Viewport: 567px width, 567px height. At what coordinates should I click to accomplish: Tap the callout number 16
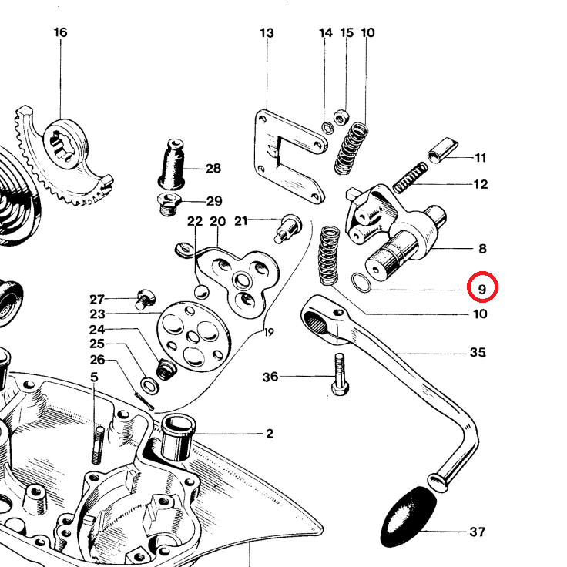[61, 32]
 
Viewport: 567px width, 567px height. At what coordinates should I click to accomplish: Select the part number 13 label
[267, 33]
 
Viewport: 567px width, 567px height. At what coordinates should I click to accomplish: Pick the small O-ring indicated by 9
[361, 283]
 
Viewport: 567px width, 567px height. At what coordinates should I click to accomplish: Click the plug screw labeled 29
[168, 203]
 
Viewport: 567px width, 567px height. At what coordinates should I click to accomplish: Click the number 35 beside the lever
[478, 353]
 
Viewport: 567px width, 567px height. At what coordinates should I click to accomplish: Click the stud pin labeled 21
[287, 226]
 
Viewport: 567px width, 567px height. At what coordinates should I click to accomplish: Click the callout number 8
[482, 249]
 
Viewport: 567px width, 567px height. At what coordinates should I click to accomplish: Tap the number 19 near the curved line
[268, 333]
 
